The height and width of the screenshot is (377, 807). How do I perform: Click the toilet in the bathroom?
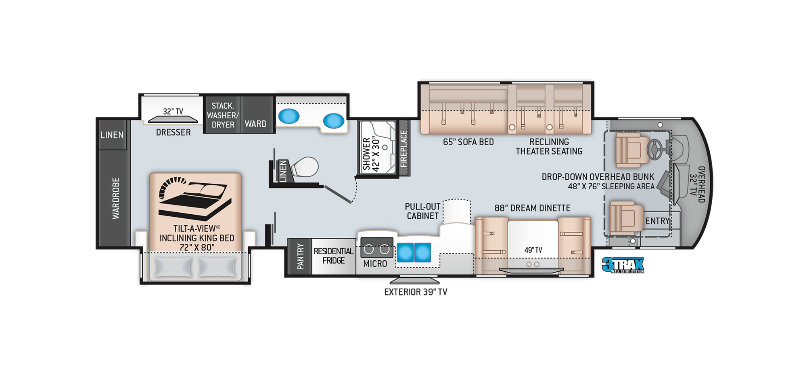(305, 167)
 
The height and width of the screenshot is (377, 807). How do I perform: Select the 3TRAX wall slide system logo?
(623, 265)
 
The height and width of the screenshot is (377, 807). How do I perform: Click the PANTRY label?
(300, 256)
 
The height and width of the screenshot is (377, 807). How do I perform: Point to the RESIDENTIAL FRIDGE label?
(333, 256)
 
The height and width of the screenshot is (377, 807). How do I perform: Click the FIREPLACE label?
(403, 149)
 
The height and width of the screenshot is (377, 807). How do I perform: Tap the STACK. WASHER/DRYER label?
(223, 115)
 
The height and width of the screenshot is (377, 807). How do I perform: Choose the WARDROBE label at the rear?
(116, 198)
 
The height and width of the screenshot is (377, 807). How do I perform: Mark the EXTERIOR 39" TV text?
(416, 292)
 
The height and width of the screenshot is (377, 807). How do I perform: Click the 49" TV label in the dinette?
(533, 250)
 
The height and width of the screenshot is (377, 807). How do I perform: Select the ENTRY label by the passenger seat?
(658, 221)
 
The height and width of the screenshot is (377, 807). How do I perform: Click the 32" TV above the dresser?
(173, 119)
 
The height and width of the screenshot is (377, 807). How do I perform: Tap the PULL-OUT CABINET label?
(422, 211)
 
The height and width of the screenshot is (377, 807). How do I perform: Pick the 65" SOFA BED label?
(468, 142)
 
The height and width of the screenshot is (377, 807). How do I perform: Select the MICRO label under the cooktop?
(375, 264)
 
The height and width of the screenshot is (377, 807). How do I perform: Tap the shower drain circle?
(385, 147)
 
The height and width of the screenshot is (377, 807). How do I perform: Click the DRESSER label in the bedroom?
(173, 132)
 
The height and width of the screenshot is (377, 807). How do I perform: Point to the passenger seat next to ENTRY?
(626, 217)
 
